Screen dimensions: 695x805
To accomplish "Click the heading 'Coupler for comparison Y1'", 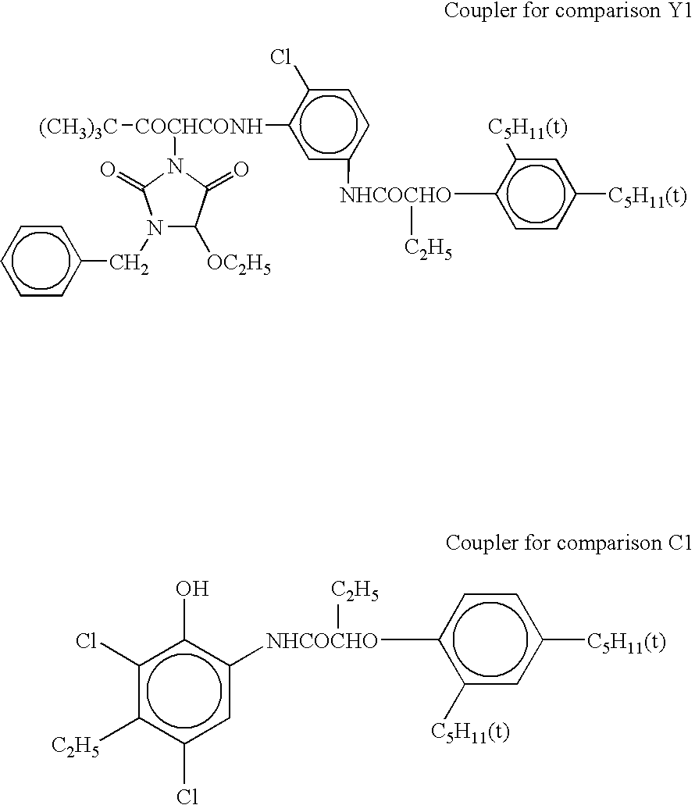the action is pos(567,11).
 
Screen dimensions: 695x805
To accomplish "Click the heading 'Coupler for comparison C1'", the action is pos(568,543).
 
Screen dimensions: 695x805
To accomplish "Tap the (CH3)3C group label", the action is pos(79,127).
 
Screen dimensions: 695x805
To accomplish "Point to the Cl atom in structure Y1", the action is pos(280,57).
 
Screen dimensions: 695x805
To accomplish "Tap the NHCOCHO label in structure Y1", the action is pos(395,195).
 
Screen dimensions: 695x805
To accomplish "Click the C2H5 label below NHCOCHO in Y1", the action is pos(428,250).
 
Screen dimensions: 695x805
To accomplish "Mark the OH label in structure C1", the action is pos(192,588).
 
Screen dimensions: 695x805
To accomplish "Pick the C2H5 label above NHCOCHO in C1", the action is pos(355,591).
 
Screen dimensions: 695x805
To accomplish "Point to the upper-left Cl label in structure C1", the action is pos(86,642).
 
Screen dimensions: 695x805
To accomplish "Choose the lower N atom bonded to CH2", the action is pos(154,227).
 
